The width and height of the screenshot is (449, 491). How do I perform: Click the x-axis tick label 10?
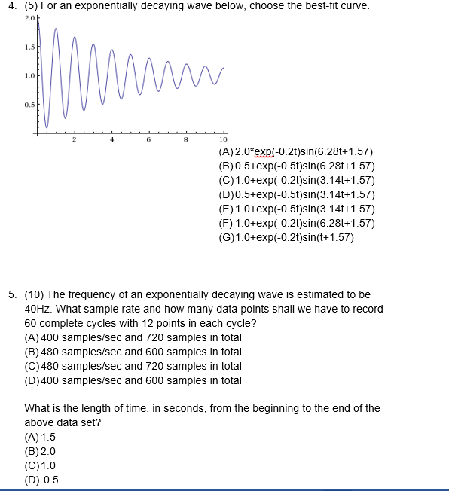[223, 141]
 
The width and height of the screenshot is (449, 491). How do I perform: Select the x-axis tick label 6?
[148, 141]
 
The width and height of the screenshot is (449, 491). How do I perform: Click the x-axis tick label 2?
[74, 141]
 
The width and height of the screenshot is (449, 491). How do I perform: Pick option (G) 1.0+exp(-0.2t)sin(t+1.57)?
[284, 239]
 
